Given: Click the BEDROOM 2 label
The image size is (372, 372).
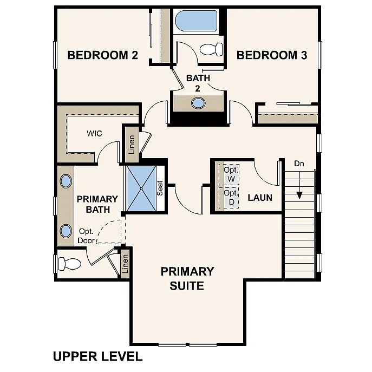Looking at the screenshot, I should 102,55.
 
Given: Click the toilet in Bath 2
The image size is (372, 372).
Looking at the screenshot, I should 212,49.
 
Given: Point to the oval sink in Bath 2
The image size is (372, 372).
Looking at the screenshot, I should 198,103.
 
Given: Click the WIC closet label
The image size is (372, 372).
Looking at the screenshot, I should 94,133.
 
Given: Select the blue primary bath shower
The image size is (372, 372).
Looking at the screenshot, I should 141,188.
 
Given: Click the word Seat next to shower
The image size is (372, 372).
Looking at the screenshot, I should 161,188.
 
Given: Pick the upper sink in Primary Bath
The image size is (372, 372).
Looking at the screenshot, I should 66,181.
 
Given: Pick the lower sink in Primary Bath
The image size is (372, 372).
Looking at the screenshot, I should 66,231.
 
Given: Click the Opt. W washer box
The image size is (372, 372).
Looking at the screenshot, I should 231,174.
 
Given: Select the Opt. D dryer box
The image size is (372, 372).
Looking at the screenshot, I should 231,197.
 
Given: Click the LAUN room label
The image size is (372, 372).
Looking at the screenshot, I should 260,198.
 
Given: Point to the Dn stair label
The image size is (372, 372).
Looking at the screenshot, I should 299,163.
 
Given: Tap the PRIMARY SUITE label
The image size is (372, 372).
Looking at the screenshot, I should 187,278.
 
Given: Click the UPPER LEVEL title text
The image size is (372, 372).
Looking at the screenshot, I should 97,356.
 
